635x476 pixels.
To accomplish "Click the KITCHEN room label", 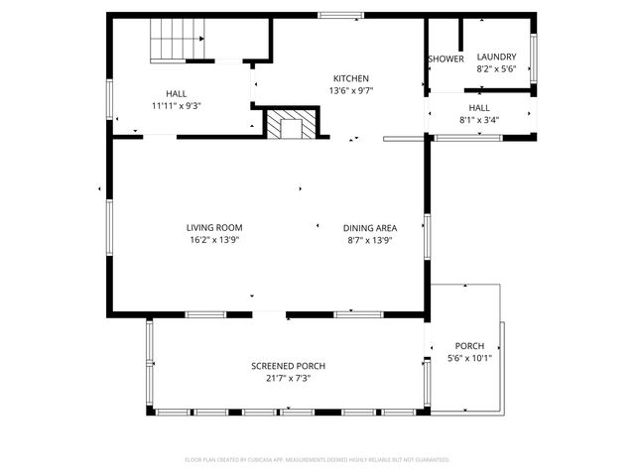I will tap(350, 78).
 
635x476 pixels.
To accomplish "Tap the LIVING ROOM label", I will tap(214, 228).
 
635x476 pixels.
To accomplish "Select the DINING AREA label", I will tap(370, 228).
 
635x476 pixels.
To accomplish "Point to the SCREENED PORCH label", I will tap(288, 366).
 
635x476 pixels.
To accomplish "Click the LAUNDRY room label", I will tap(496, 58).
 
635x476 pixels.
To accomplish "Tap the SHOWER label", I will tap(445, 59).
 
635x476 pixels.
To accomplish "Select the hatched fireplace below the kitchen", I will tap(292, 125).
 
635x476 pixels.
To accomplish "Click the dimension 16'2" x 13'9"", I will tap(214, 240).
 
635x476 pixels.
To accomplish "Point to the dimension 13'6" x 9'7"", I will tap(350, 90).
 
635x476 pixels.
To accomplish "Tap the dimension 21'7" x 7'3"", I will tap(288, 378).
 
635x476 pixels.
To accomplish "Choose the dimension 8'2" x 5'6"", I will tap(496, 69).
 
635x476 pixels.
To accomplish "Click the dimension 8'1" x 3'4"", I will tap(479, 120).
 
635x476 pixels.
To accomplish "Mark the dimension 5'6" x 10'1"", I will tap(469, 358).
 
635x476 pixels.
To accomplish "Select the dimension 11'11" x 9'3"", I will tap(176, 105).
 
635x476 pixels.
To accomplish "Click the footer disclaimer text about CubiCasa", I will tap(317, 460).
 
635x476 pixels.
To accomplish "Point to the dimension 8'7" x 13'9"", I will tap(370, 240).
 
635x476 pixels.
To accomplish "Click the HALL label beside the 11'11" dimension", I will tap(176, 93).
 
